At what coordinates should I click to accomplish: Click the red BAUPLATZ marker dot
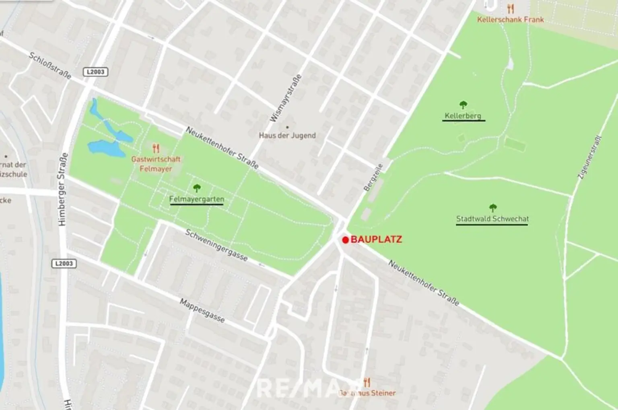coord(345,240)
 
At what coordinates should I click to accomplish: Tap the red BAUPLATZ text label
coord(376,240)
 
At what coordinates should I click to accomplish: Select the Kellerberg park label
coord(463,116)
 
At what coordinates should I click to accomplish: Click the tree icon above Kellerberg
coord(463,105)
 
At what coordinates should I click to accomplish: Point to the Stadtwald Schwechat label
coord(492,219)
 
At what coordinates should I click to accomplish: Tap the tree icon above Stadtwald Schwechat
coord(492,208)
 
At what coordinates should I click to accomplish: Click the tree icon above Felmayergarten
coord(197,188)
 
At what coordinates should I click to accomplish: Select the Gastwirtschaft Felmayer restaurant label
coord(156,164)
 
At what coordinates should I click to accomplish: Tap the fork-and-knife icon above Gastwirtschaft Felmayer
coord(156,148)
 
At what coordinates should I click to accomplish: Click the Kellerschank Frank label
coord(510,19)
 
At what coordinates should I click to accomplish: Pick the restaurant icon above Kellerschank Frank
coord(511,8)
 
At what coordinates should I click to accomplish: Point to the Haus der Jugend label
coord(287,135)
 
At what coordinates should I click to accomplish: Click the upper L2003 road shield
coord(96,72)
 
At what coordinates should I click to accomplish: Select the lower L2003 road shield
coord(64,263)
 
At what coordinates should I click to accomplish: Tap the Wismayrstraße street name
coord(285,98)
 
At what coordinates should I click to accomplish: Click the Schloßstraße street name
coord(50,66)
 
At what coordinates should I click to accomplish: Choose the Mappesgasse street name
coord(202,311)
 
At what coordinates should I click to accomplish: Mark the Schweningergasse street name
coord(216,245)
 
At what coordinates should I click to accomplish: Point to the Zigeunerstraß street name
coord(589,157)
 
